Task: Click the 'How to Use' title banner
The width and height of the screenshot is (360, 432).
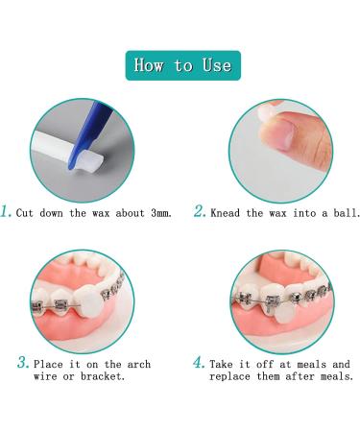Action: (182, 65)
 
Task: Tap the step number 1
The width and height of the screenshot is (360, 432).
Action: (9, 211)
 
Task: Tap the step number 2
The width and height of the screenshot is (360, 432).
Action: (200, 211)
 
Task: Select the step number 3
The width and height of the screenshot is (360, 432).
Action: (22, 364)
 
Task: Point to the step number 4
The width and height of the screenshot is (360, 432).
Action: (199, 364)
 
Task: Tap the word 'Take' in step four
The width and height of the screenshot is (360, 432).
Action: (224, 365)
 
